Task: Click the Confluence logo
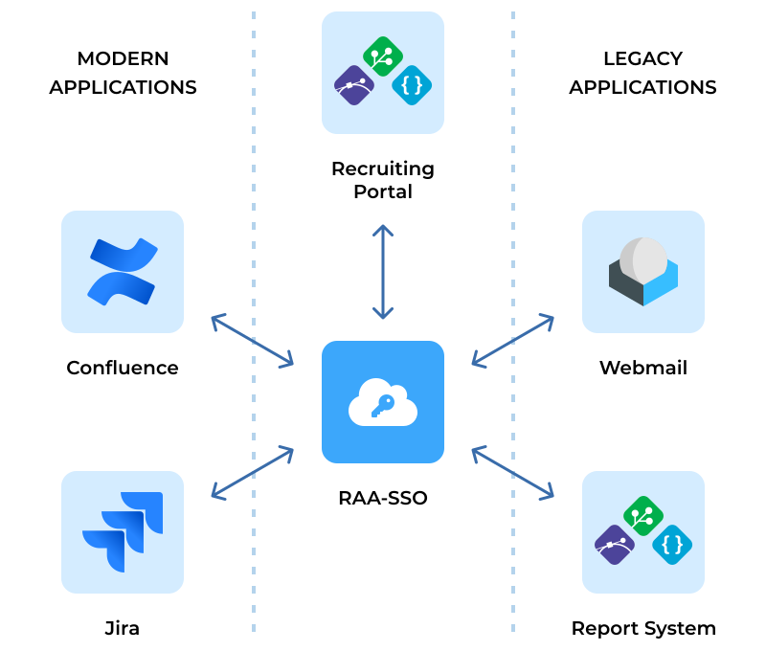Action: pos(123,272)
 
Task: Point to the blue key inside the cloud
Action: pos(383,405)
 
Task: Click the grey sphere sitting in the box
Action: pos(643,259)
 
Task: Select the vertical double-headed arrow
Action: pos(383,273)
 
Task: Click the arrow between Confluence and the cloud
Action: pos(252,340)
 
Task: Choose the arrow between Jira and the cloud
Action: pos(252,472)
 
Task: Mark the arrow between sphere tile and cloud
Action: pos(513,340)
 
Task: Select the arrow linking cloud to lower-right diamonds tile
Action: pos(513,472)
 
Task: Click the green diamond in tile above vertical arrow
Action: pos(383,56)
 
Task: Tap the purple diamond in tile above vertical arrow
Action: pos(354,85)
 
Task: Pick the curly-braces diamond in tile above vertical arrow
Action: pos(412,85)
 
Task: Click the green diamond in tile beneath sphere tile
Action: pos(643,516)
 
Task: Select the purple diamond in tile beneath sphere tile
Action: pos(615,545)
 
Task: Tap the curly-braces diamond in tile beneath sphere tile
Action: pos(672,545)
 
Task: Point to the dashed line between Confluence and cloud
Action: pos(254,191)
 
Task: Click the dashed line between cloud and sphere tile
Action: pos(513,191)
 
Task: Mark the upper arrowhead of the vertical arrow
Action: pos(383,230)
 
